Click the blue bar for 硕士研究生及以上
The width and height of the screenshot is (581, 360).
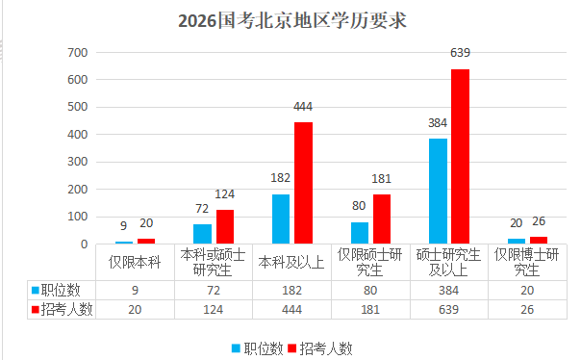438,191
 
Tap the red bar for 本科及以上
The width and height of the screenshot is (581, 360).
303,183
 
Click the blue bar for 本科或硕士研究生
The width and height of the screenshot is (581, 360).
202,234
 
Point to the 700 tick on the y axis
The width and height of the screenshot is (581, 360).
76,53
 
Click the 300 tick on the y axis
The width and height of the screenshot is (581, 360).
76,162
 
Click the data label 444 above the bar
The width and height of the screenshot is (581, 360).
303,107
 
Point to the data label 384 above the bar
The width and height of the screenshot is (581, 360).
438,123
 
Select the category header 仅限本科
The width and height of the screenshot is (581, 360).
135,262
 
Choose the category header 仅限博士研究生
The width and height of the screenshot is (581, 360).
526,262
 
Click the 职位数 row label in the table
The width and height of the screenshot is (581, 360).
58,289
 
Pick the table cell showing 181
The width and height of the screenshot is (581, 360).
370,308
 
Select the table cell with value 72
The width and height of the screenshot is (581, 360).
213,289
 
